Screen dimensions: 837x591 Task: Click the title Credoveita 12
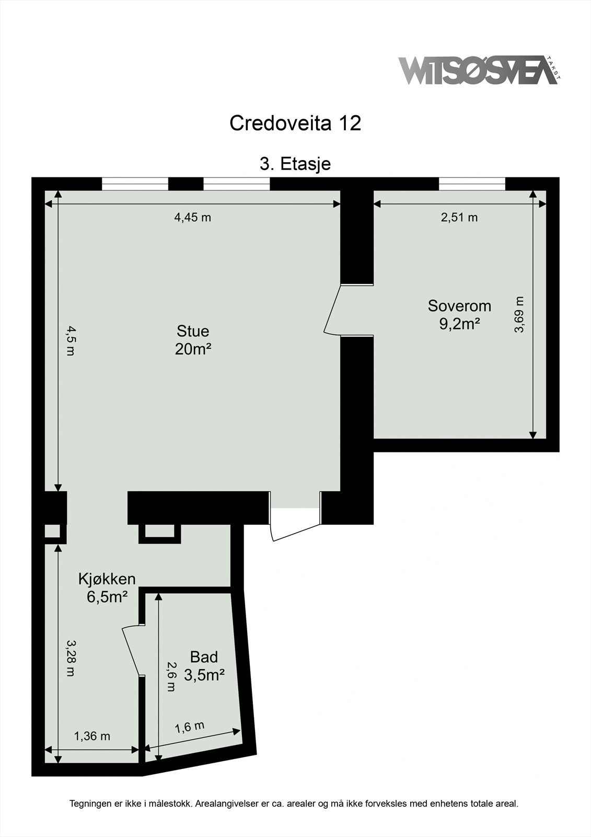pyautogui.click(x=295, y=123)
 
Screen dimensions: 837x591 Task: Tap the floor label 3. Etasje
pyautogui.click(x=295, y=164)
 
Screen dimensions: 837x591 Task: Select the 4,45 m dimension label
pyautogui.click(x=192, y=218)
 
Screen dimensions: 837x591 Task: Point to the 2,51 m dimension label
pyautogui.click(x=459, y=218)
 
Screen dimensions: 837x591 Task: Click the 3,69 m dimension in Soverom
pyautogui.click(x=519, y=314)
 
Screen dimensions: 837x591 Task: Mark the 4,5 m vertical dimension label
pyautogui.click(x=70, y=341)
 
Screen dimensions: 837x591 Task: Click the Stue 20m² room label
pyautogui.click(x=193, y=340)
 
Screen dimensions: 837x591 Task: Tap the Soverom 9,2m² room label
pyautogui.click(x=459, y=314)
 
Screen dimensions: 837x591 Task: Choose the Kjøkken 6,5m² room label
pyautogui.click(x=107, y=587)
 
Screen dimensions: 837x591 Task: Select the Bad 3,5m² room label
pyautogui.click(x=204, y=665)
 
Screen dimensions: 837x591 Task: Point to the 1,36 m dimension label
pyautogui.click(x=92, y=736)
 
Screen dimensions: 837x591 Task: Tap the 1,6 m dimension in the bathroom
pyautogui.click(x=189, y=727)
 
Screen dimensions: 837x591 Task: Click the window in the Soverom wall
pyautogui.click(x=472, y=184)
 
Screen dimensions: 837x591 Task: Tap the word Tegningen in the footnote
pyautogui.click(x=90, y=804)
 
